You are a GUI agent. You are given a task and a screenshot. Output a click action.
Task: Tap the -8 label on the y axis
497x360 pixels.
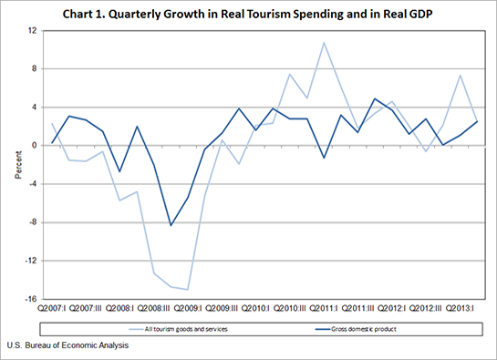pos(31,222)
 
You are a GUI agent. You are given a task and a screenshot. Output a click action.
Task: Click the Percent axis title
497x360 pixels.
pos(16,164)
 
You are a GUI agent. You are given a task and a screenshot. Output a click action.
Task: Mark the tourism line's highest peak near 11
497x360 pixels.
pos(323,42)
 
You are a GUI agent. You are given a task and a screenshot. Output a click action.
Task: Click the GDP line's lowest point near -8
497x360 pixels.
pos(171,225)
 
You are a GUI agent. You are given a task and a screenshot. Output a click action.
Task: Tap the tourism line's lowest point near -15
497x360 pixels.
pos(187,289)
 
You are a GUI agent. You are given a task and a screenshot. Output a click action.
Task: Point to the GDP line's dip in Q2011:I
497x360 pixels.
pos(323,158)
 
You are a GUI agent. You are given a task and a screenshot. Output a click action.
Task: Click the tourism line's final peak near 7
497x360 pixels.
pos(460,75)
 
